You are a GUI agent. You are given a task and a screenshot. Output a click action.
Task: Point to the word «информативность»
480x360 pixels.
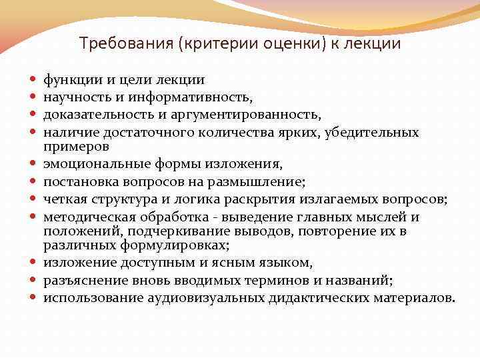tap(198, 98)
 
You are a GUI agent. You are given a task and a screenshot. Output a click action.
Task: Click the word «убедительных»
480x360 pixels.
tap(373, 133)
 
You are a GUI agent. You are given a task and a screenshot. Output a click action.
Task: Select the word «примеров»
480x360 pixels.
tap(76, 145)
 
